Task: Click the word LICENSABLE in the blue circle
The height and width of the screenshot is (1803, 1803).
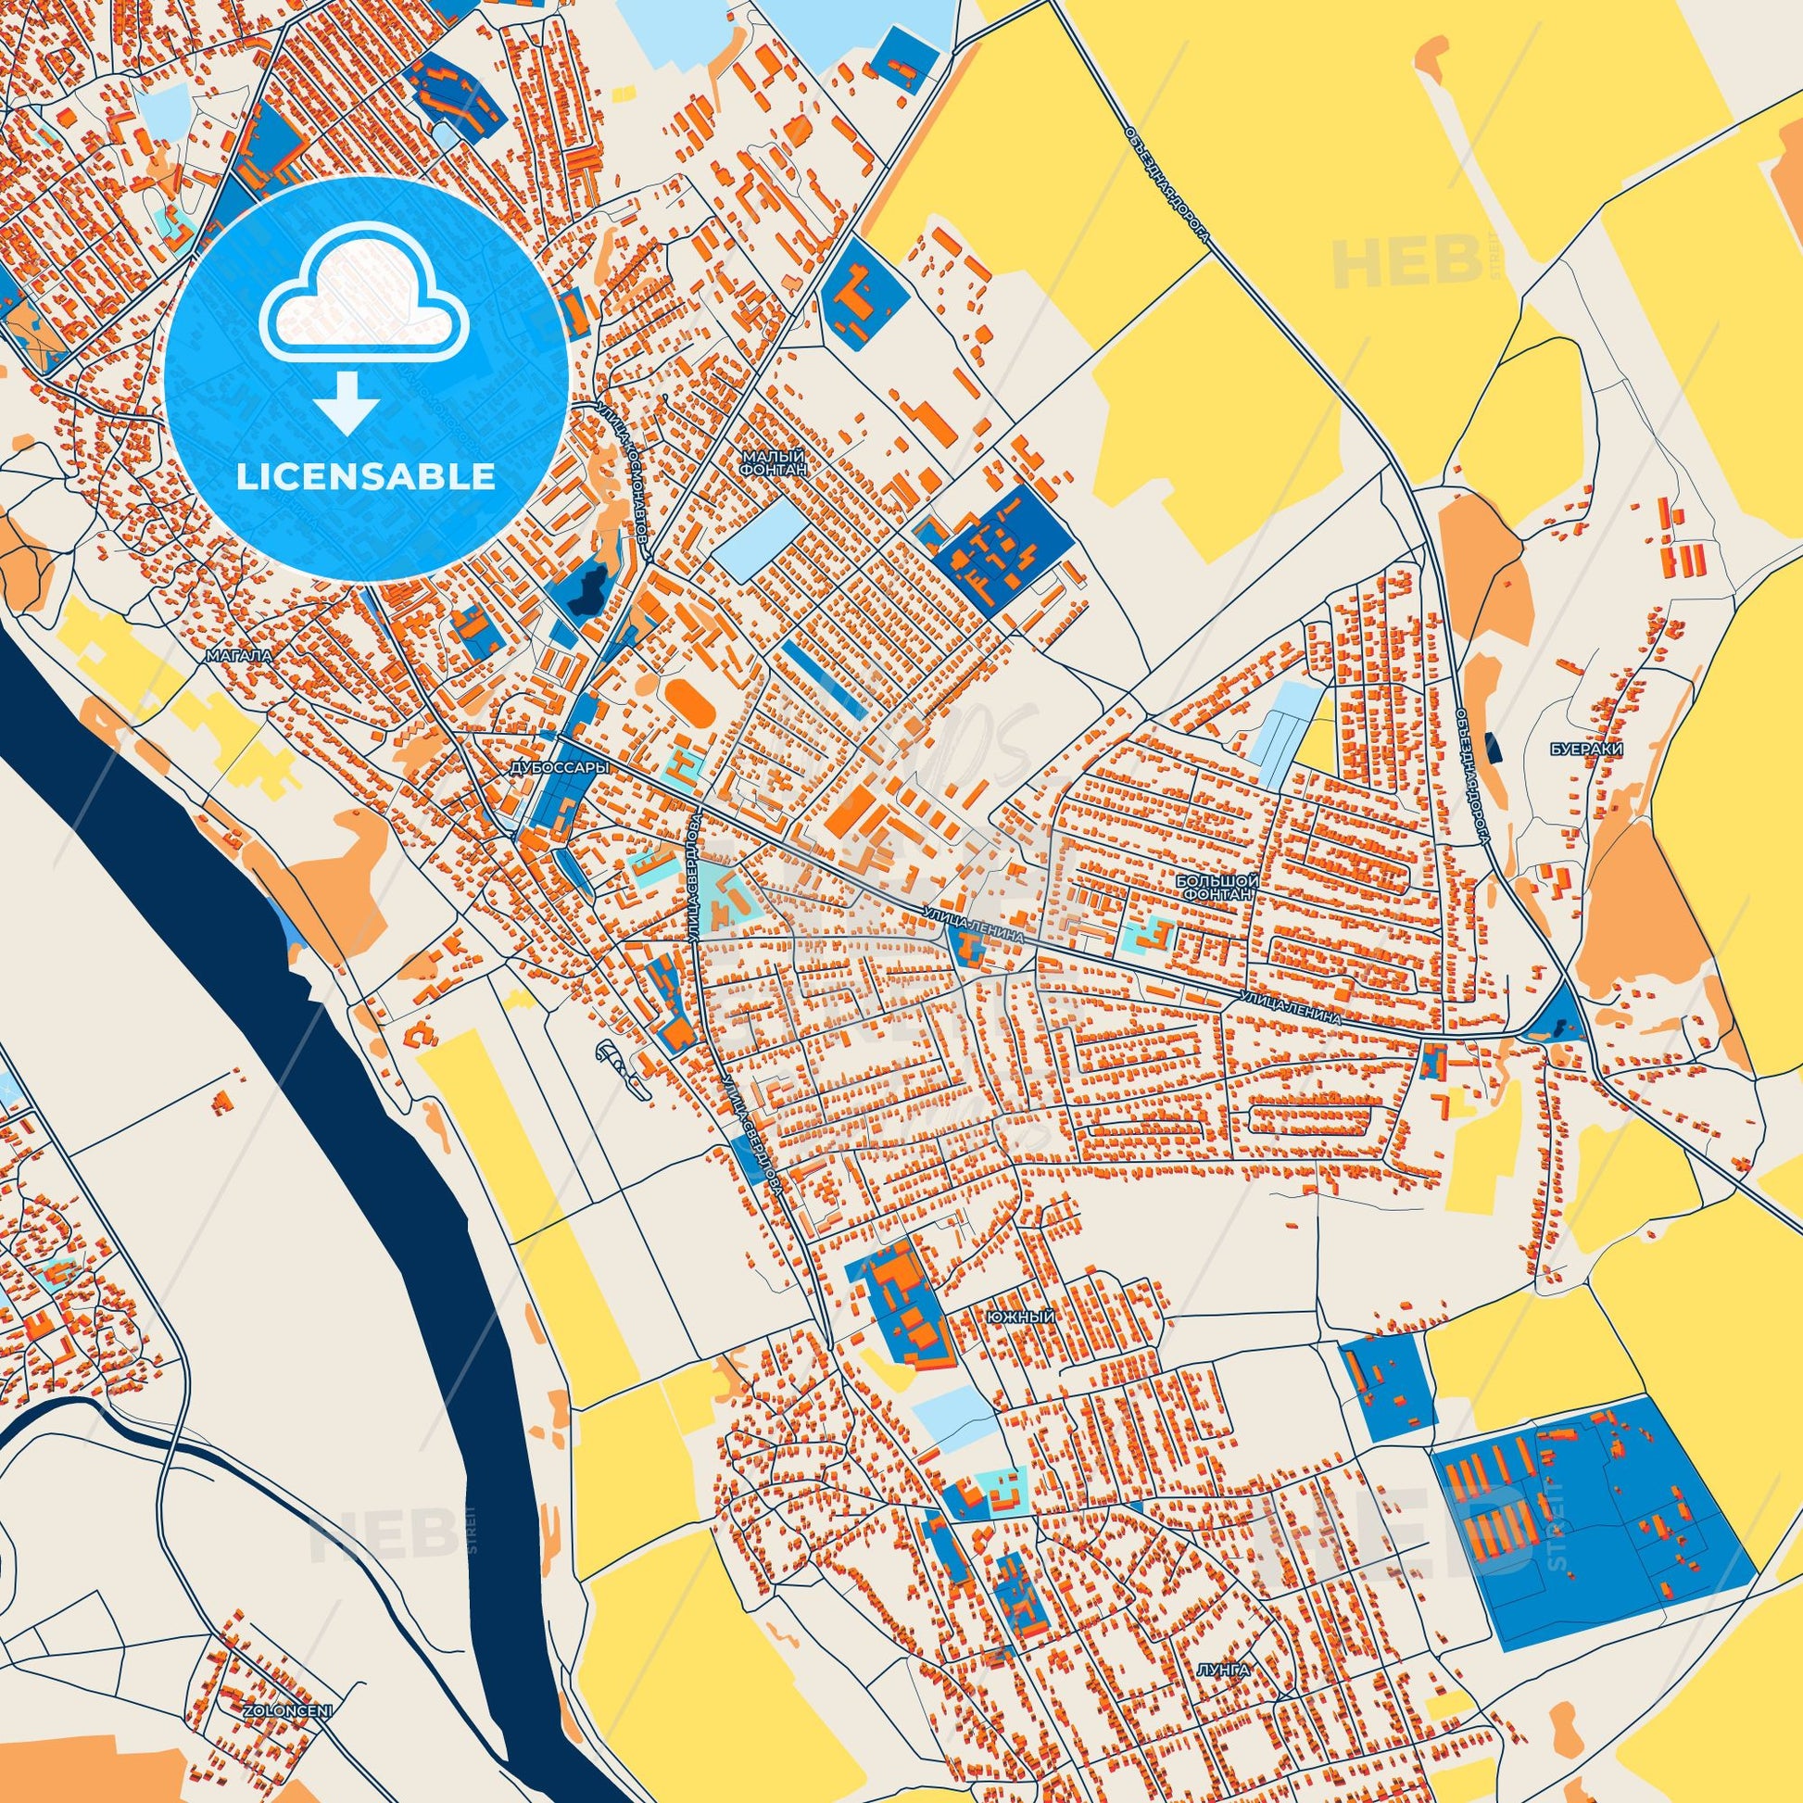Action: tap(366, 477)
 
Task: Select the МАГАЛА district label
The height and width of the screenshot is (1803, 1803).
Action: tap(241, 656)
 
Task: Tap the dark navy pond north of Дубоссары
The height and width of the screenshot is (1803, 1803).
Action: tap(589, 589)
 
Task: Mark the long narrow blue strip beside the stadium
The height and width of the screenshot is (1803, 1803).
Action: tap(826, 677)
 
